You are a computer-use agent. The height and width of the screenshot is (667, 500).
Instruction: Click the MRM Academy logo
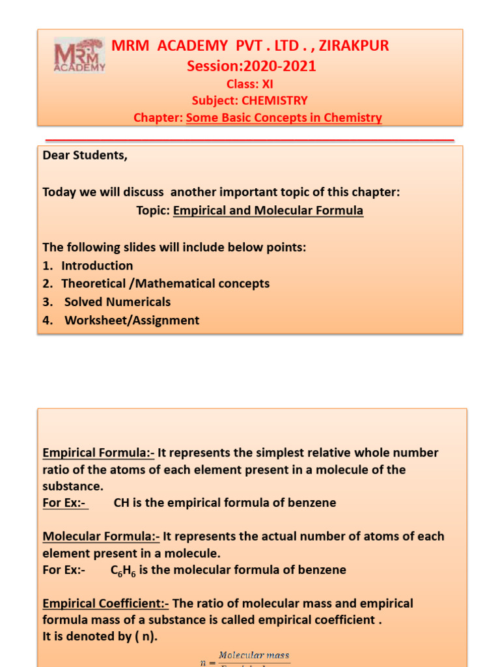coord(79,55)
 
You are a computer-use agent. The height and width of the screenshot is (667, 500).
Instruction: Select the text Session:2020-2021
coord(251,66)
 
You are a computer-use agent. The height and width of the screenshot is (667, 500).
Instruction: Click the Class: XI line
coord(250,84)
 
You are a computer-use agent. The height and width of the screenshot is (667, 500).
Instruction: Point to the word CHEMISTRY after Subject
coord(274,101)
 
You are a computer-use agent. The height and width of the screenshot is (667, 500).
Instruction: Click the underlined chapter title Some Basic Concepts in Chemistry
coord(284,118)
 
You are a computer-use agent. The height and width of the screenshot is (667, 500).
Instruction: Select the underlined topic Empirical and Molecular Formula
coord(268,211)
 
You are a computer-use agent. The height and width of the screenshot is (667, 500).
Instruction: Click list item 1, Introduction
coord(97,266)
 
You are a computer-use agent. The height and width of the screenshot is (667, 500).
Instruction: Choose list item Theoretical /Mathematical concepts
coord(165,284)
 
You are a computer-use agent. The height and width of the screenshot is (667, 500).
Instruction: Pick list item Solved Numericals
coord(117,302)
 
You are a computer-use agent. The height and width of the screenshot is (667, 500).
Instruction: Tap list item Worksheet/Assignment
coord(132,320)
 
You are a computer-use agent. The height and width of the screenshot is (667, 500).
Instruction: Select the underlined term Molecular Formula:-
coord(101,537)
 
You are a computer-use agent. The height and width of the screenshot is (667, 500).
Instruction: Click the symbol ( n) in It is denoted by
coord(145,638)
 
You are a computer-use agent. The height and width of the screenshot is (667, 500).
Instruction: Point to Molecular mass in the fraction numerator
coord(254,655)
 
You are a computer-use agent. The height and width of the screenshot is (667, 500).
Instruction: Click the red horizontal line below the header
coord(250,140)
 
